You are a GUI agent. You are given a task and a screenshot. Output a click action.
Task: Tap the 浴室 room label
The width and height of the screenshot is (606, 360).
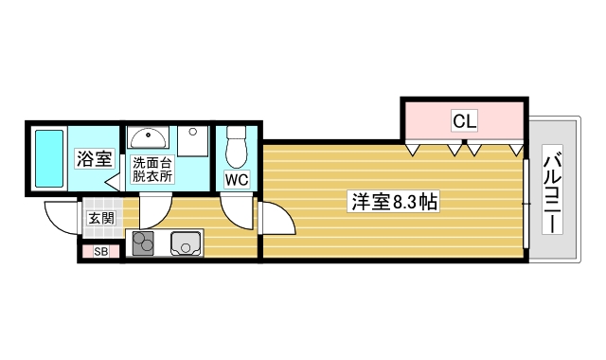tap(95, 158)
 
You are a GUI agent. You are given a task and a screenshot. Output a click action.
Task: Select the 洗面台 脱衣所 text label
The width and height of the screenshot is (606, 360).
tap(151, 169)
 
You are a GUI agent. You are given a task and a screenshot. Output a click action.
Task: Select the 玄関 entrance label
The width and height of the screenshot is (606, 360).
tap(101, 218)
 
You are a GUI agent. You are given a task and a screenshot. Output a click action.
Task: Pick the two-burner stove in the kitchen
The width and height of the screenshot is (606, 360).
tap(143, 243)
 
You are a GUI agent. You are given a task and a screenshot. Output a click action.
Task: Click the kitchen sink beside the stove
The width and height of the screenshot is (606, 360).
tap(187, 244)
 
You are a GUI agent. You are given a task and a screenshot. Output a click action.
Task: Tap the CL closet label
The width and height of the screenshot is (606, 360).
tap(464, 120)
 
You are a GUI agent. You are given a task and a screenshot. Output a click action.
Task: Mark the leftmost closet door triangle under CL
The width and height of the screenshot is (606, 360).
tap(414, 149)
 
